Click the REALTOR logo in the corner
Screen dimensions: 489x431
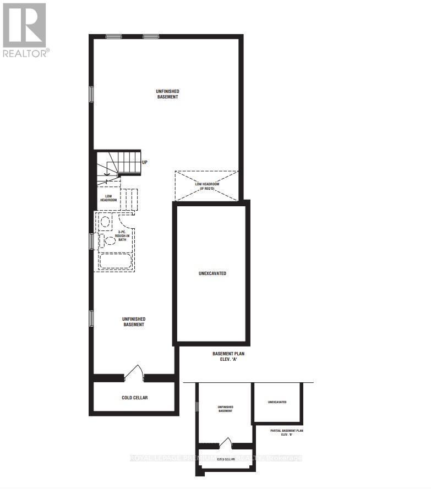(x=25, y=30)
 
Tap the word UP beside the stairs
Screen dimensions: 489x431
(x=145, y=162)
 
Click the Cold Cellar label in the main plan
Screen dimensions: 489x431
(x=134, y=398)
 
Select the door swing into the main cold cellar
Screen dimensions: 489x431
(x=134, y=373)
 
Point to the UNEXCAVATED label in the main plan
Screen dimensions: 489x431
(x=212, y=273)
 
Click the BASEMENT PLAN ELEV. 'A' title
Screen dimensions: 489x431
(x=228, y=357)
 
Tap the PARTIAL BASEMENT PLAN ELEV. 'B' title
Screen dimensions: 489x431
(x=287, y=432)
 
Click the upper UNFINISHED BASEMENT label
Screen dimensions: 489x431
(x=168, y=94)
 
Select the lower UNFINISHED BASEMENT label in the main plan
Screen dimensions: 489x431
(x=134, y=322)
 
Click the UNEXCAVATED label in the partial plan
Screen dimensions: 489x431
(x=277, y=402)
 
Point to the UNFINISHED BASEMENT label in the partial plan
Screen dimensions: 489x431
(x=225, y=409)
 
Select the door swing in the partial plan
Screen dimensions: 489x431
(x=226, y=443)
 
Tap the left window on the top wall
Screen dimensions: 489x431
(x=113, y=37)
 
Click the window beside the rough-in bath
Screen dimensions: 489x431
(x=92, y=241)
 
